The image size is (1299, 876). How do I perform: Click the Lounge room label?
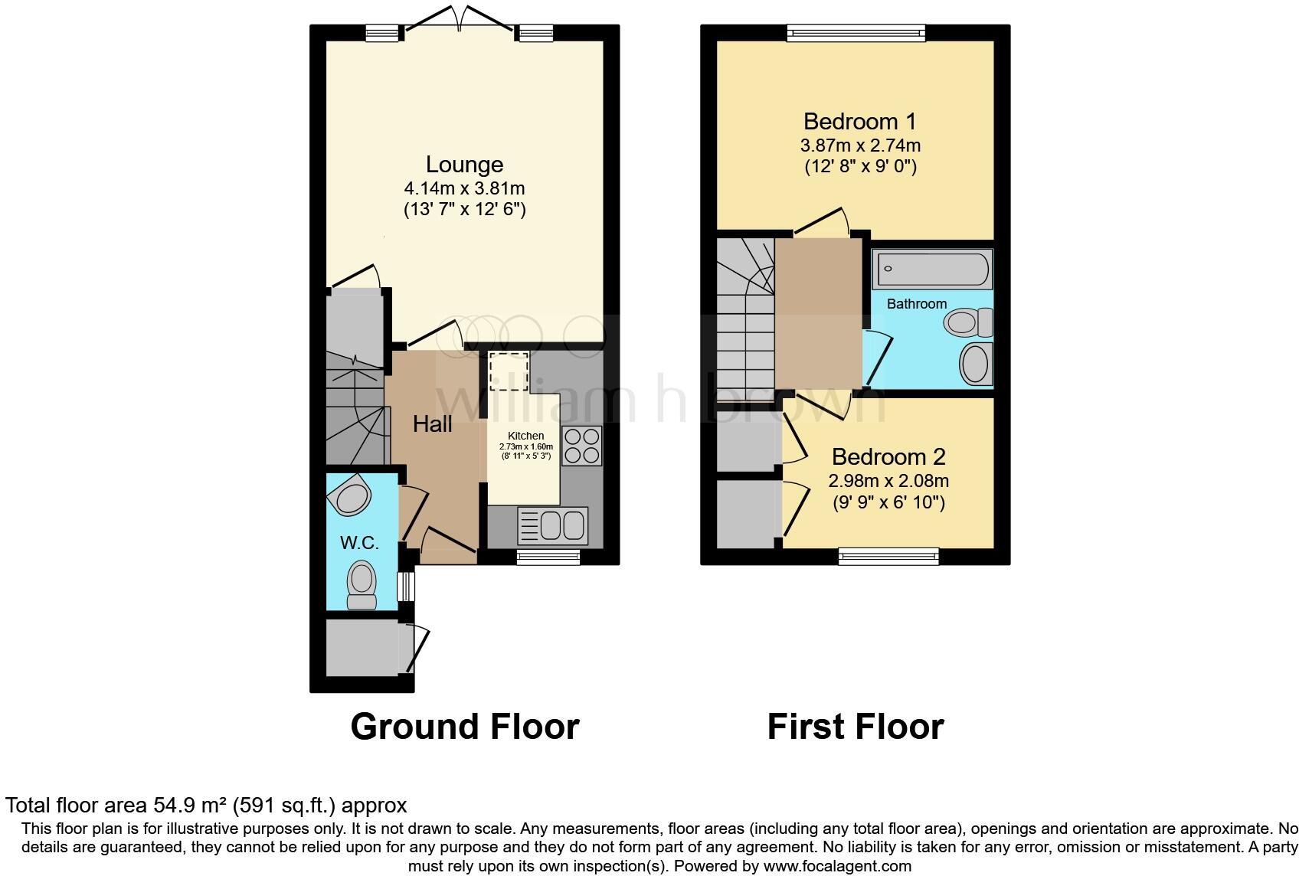pos(464,165)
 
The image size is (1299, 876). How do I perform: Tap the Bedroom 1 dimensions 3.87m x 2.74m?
pos(860,145)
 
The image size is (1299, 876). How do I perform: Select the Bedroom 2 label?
pos(888,457)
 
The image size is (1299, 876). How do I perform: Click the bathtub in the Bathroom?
pos(932,269)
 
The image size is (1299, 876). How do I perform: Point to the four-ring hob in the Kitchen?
pos(582,445)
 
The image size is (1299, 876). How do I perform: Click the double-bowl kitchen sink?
pos(553,525)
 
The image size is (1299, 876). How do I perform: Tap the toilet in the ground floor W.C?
pos(361,585)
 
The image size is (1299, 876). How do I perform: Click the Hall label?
pos(433,424)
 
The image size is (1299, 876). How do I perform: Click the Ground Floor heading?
pos(464,727)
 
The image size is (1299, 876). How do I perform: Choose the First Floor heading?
pos(856,727)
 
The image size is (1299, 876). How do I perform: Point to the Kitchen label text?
pos(525,436)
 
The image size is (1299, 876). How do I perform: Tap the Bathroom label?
pos(917,304)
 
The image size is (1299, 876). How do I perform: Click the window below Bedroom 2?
pos(888,557)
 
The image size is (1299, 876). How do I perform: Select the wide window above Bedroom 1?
pos(856,32)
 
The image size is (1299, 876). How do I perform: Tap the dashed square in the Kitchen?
pos(509,371)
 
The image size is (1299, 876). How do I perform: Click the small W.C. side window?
pos(407,587)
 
